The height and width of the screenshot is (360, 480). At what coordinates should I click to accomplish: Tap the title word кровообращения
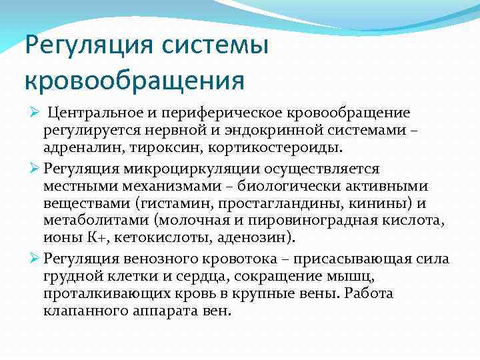point(134,81)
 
